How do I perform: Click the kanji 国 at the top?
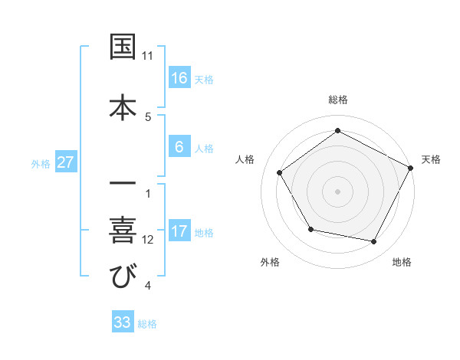123,47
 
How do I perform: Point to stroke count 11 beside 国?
148,57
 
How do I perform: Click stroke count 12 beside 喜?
148,240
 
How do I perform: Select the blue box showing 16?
179,78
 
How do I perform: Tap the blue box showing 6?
179,147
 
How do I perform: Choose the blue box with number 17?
179,232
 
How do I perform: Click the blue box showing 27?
66,162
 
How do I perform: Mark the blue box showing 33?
123,322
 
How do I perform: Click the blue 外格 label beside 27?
41,163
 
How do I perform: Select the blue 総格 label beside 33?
147,323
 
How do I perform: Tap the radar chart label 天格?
431,159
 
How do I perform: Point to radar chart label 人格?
245,159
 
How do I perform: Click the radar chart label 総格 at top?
338,100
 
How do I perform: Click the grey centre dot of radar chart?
337,191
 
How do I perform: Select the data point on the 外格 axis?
310,229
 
